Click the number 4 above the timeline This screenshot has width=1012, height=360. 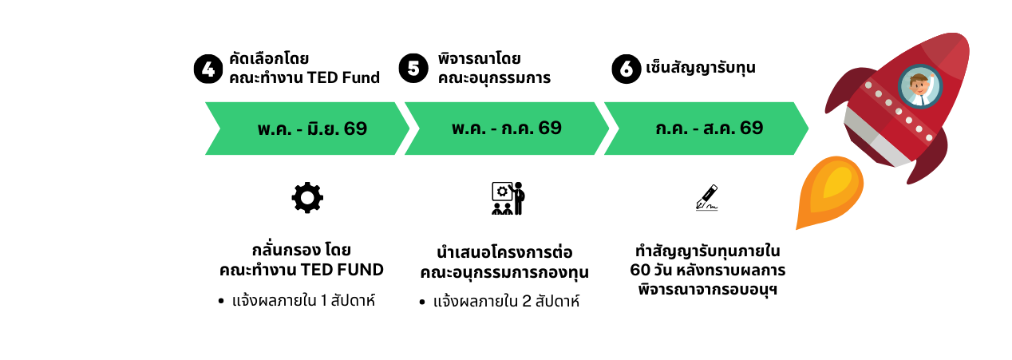point(208,69)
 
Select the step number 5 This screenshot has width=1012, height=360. point(413,69)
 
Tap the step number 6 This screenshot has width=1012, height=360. point(627,69)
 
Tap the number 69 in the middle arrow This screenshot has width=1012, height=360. point(550,128)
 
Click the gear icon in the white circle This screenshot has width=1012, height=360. point(307,198)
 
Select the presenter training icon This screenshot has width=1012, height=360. point(507,198)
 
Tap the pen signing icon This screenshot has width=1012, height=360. point(706,198)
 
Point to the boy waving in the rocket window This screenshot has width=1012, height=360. point(920,86)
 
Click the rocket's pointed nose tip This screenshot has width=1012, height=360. point(962,40)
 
